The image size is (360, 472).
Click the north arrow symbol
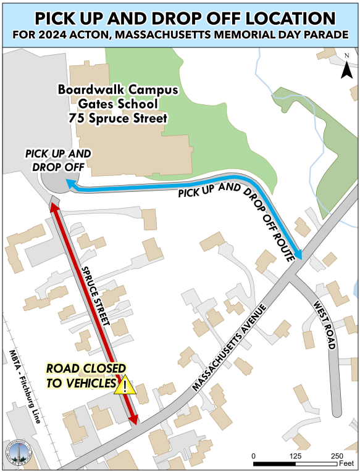(346, 67)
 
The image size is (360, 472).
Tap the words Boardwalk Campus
(118, 89)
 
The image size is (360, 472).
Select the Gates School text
(118, 104)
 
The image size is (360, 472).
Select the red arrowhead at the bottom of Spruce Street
(133, 420)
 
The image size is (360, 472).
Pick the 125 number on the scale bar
(296, 455)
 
